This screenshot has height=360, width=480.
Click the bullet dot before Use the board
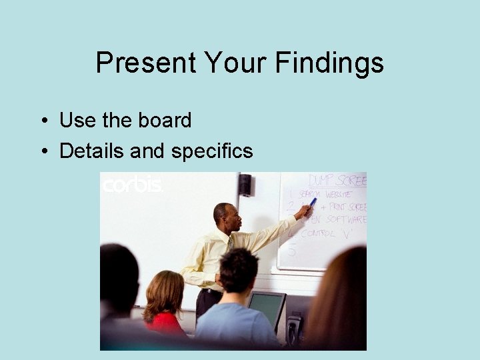point(43,121)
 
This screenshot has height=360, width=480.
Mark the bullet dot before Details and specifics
point(43,152)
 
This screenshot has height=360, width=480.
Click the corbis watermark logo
point(131,185)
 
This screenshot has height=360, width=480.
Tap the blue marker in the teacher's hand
point(312,203)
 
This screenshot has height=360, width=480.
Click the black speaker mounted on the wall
point(245,184)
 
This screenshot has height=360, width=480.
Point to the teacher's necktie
point(230,243)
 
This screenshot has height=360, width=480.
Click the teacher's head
point(223,214)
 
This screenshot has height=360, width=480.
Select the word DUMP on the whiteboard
point(321,181)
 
